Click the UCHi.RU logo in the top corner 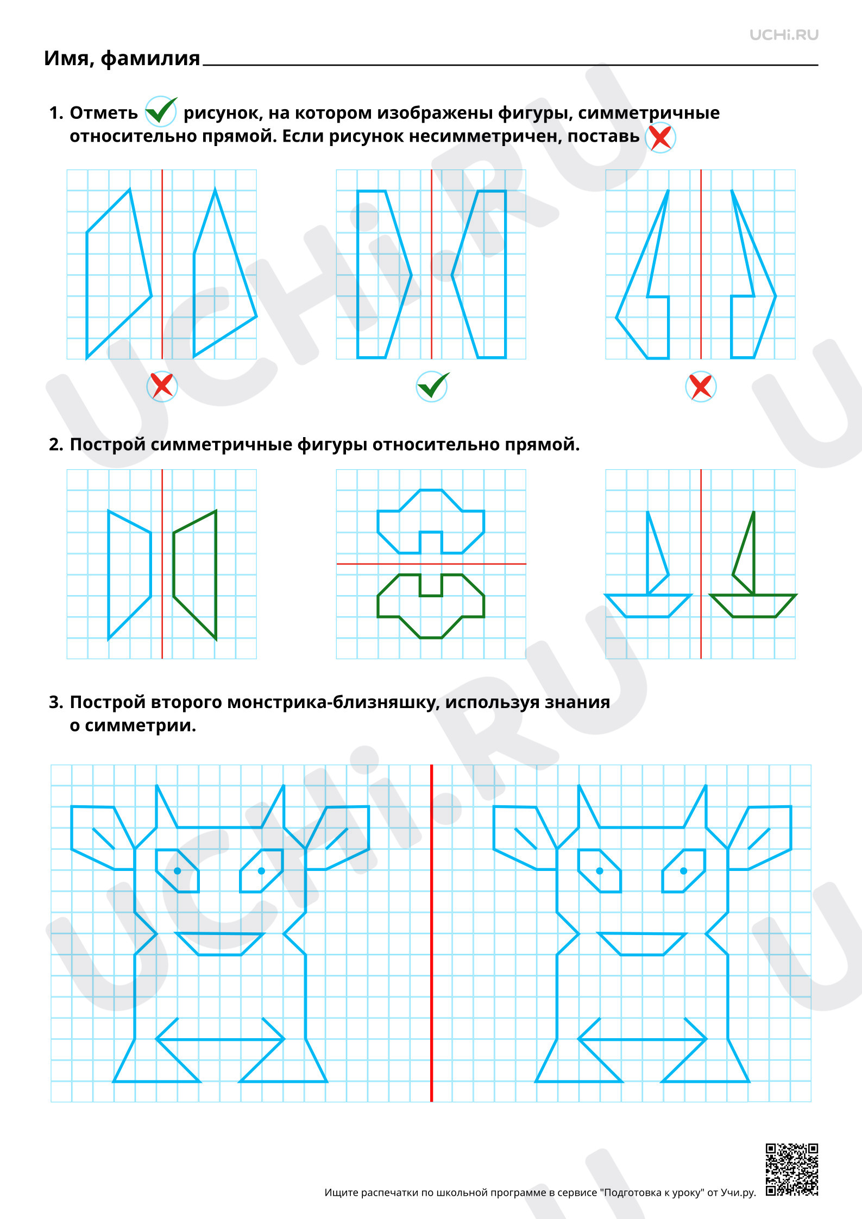784,35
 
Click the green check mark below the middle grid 432,386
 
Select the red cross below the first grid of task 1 162,386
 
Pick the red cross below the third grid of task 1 701,386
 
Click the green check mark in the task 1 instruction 161,111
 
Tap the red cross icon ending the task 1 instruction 660,138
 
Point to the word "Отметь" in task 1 104,113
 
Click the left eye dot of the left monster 178,871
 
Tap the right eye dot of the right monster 683,871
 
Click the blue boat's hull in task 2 648,606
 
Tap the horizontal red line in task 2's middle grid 431,564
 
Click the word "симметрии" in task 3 140,726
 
